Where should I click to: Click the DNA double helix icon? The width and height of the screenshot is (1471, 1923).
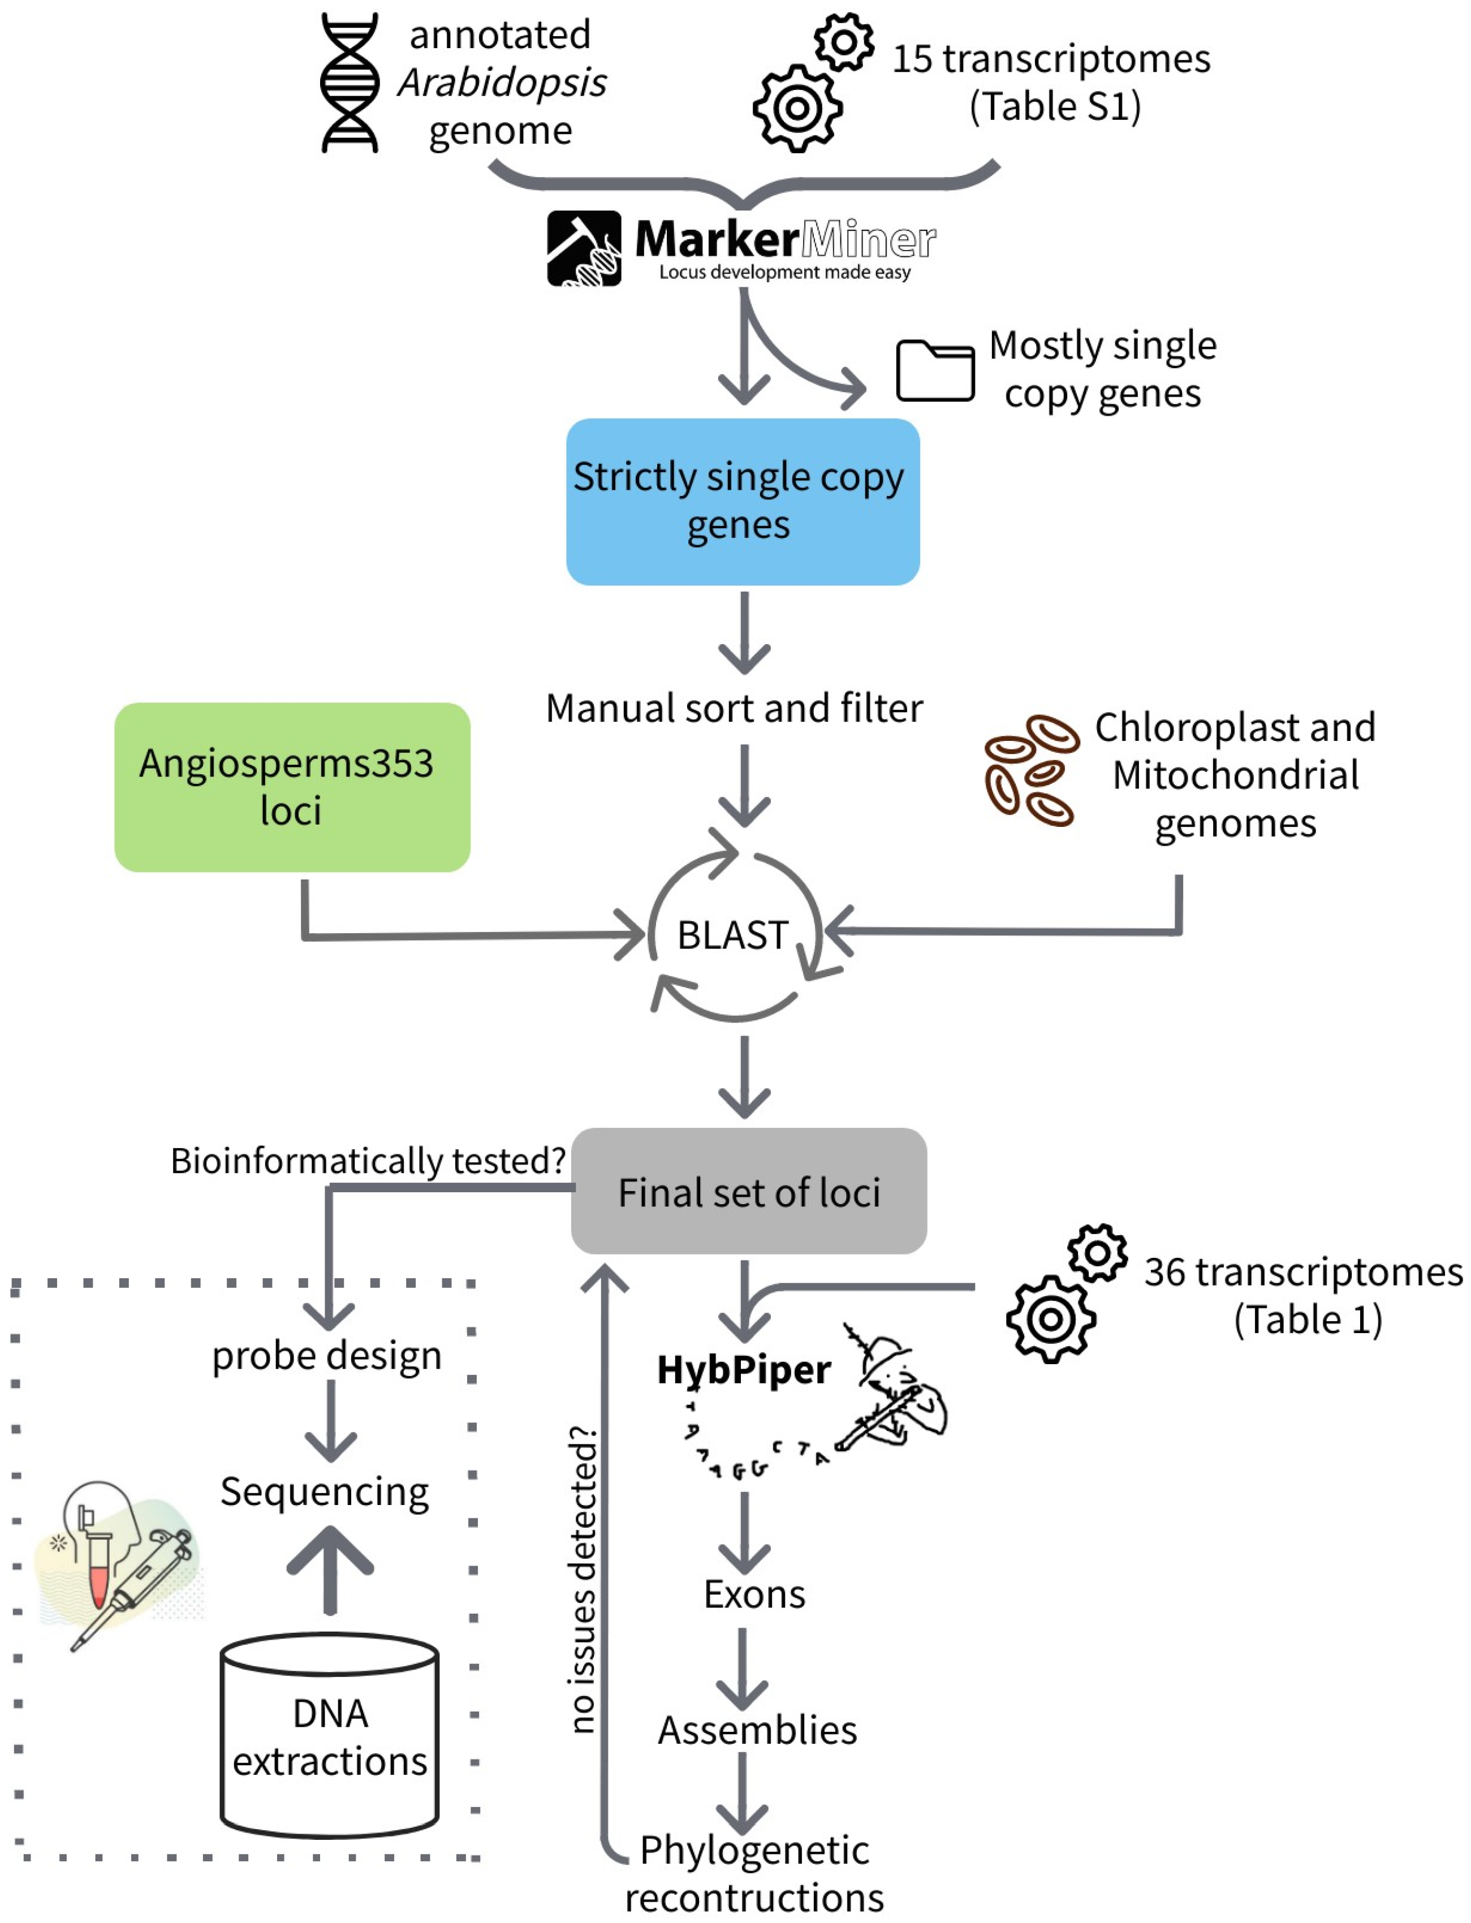[350, 83]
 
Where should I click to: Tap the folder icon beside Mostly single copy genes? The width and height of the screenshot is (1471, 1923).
[934, 370]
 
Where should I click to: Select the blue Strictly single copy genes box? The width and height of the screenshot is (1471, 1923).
[743, 501]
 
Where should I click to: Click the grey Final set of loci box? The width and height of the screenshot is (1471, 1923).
[749, 1191]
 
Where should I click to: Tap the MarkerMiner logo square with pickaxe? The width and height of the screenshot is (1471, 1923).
[584, 248]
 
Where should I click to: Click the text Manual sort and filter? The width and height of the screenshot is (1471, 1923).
[734, 708]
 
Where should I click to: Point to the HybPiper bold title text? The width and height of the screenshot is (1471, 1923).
[743, 1369]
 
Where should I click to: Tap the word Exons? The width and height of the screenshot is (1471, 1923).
[754, 1594]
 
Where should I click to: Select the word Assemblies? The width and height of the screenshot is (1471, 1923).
[757, 1730]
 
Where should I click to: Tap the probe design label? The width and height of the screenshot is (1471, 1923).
[326, 1356]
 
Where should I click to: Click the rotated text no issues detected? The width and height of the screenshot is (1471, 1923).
[583, 1581]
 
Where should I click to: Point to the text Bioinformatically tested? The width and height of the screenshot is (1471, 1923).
[368, 1160]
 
